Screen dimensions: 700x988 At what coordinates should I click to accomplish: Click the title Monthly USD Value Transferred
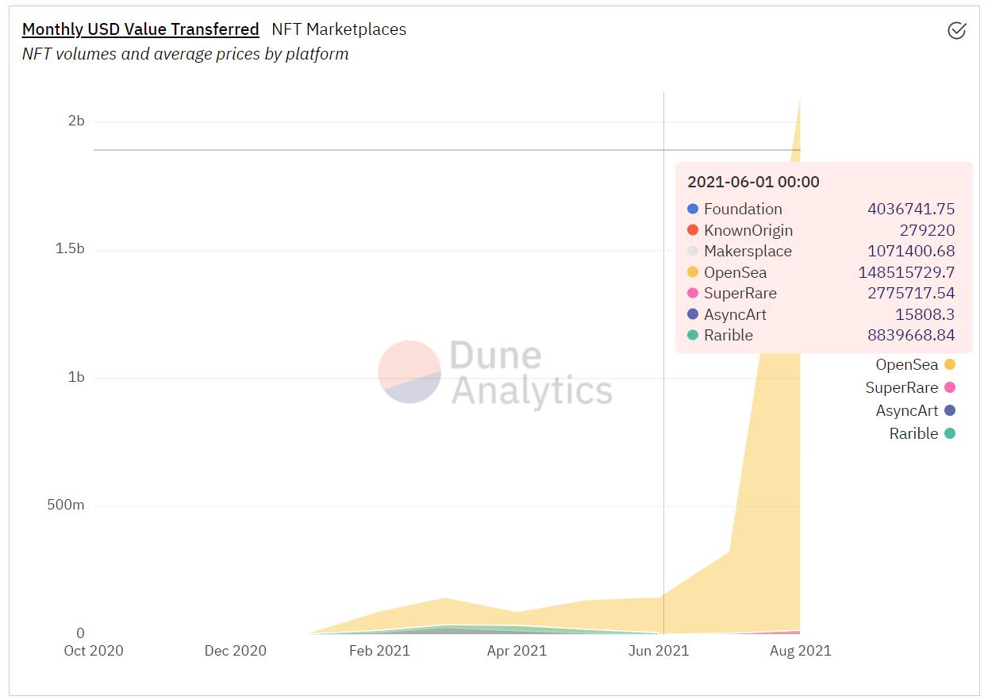pos(140,29)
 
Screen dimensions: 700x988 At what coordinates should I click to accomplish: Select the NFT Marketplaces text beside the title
pos(339,29)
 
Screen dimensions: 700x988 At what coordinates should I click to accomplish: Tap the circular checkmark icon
pos(957,30)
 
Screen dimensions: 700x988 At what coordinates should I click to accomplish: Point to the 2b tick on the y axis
pos(76,121)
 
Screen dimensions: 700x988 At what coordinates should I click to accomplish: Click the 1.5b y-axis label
pos(70,248)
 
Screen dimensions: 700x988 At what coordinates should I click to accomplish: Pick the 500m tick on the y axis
pos(66,505)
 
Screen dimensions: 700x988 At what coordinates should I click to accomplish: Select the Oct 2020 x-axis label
pos(94,651)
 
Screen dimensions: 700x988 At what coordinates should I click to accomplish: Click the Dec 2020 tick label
pos(236,651)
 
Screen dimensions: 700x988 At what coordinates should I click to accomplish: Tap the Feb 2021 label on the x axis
pos(379,651)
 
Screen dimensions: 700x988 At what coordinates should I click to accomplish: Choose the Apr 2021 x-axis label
pos(517,651)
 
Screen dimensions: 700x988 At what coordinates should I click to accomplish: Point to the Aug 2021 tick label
pos(800,651)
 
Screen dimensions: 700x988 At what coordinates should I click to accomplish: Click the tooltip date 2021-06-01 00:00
pos(753,182)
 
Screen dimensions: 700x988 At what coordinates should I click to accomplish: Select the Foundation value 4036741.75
pos(911,209)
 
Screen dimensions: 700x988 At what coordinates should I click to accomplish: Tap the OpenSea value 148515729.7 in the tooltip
pos(906,272)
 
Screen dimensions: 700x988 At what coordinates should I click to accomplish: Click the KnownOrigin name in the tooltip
pos(748,230)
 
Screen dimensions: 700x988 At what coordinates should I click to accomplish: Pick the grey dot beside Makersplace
pos(693,252)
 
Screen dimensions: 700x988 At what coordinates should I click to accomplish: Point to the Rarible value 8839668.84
pos(911,335)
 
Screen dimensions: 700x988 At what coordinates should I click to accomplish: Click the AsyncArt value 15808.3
pos(925,314)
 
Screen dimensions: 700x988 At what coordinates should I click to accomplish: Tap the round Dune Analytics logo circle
pos(409,371)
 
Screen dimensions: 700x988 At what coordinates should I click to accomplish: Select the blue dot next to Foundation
pos(693,209)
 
